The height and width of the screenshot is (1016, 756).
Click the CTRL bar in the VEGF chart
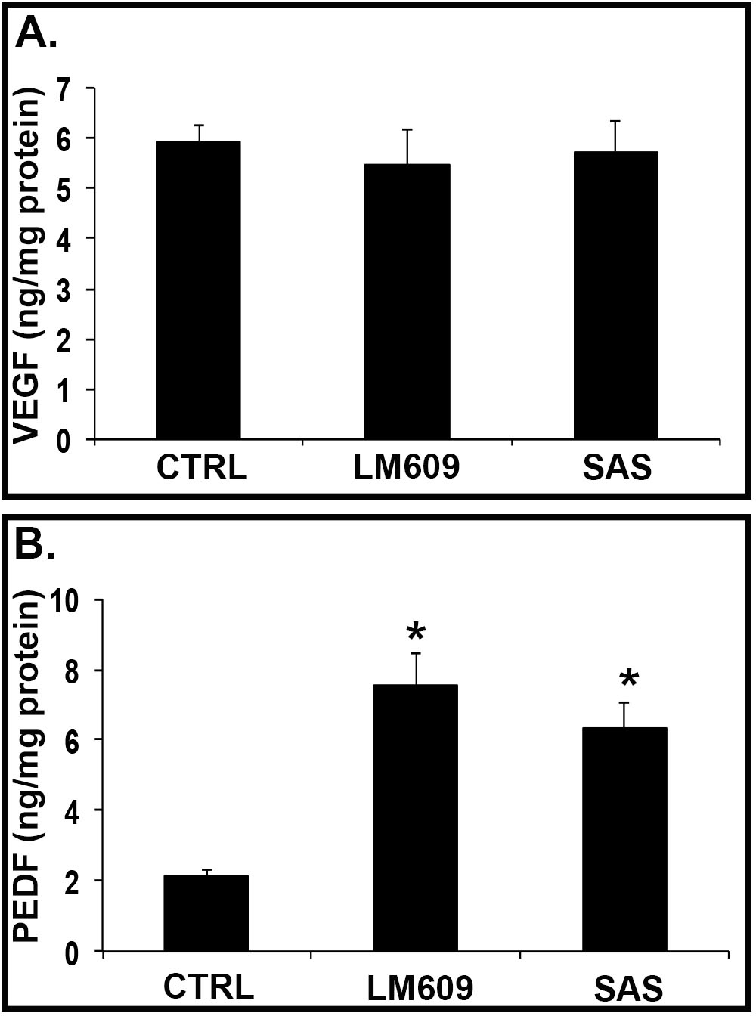point(198,290)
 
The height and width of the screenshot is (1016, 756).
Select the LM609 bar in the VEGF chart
point(407,302)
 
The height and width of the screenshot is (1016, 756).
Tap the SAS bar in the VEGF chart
point(615,296)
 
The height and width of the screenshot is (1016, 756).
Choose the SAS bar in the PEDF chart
point(624,839)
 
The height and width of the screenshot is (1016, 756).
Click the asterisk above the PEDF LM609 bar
point(415,632)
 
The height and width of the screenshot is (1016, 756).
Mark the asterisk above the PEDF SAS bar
point(627,679)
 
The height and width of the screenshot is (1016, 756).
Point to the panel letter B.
point(35,544)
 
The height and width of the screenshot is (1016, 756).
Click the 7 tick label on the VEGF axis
point(64,88)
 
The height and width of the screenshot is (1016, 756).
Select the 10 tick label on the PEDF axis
point(67,601)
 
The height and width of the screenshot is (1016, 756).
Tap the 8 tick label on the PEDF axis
point(73,671)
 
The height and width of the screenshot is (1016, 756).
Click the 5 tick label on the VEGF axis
point(64,188)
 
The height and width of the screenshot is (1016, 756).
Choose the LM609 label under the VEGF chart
point(407,468)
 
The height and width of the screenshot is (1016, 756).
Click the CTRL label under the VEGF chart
point(201,468)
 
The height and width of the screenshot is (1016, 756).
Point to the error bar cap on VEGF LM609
point(407,130)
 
